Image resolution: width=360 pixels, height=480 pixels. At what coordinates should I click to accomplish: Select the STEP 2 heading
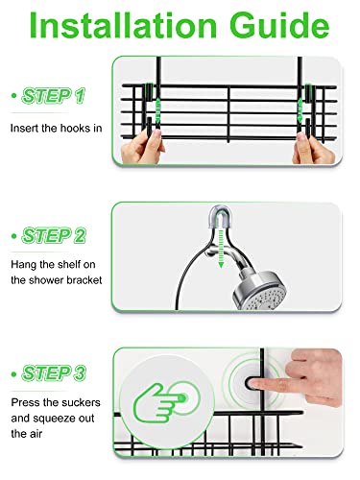click(x=54, y=236)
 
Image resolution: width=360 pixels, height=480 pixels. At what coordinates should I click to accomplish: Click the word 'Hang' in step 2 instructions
click(x=23, y=264)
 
